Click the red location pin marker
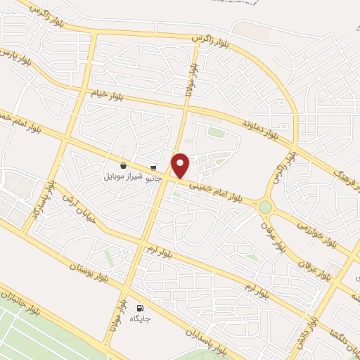click(181, 165)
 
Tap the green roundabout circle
click(265, 207)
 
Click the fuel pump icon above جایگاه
click(139, 308)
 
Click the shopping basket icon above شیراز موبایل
click(124, 166)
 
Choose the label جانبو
click(153, 178)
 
